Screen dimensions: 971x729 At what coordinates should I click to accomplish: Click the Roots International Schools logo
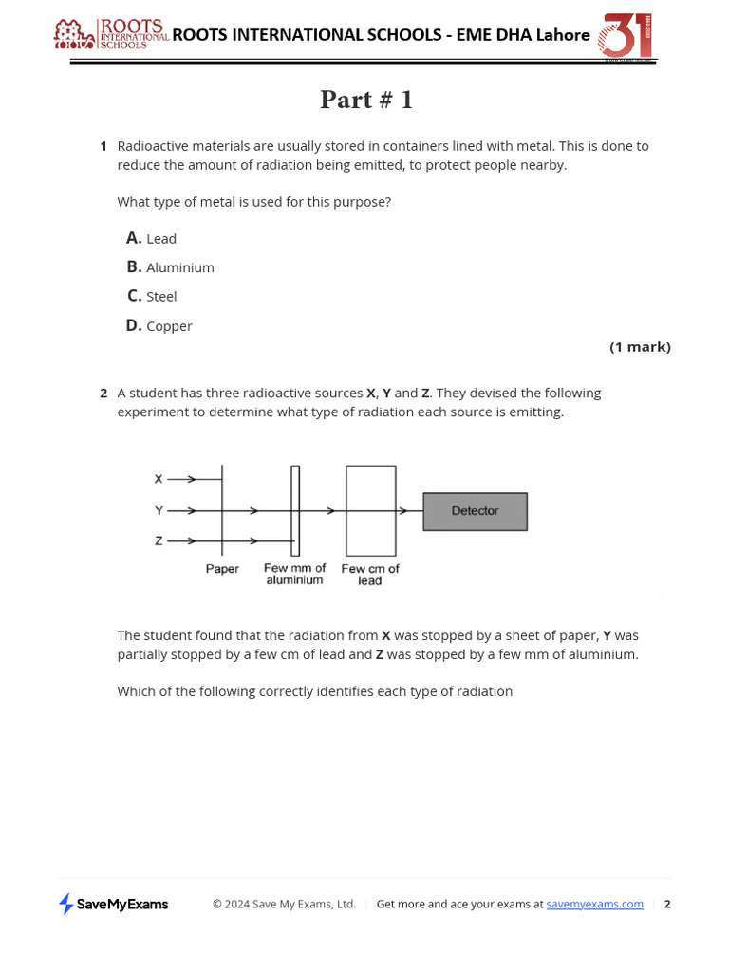(111, 35)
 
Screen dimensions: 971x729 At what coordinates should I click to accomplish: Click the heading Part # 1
(366, 100)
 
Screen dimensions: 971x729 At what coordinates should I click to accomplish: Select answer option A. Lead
(152, 238)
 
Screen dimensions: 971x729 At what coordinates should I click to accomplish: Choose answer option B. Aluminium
(171, 267)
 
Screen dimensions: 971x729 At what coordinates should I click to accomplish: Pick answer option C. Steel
(152, 297)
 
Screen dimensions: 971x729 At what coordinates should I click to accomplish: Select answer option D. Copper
(159, 326)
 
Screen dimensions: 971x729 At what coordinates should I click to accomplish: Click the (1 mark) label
(640, 347)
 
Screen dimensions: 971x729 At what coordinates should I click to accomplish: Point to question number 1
(103, 146)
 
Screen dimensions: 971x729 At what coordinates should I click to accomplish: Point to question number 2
(103, 393)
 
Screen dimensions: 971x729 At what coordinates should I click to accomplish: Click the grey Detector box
(475, 511)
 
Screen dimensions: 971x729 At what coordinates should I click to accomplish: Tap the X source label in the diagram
(159, 480)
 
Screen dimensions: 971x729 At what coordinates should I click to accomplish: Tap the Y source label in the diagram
(159, 511)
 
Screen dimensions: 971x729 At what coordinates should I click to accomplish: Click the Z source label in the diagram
(159, 541)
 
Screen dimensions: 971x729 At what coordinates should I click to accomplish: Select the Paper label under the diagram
(222, 569)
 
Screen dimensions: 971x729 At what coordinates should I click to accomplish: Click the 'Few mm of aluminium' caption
(294, 575)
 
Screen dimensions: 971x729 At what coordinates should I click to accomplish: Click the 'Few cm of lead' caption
(370, 575)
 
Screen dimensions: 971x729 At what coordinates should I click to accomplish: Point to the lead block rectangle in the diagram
(370, 510)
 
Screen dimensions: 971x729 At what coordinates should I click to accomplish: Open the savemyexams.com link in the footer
(594, 905)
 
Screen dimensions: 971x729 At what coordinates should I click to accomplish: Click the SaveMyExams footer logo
(113, 905)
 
